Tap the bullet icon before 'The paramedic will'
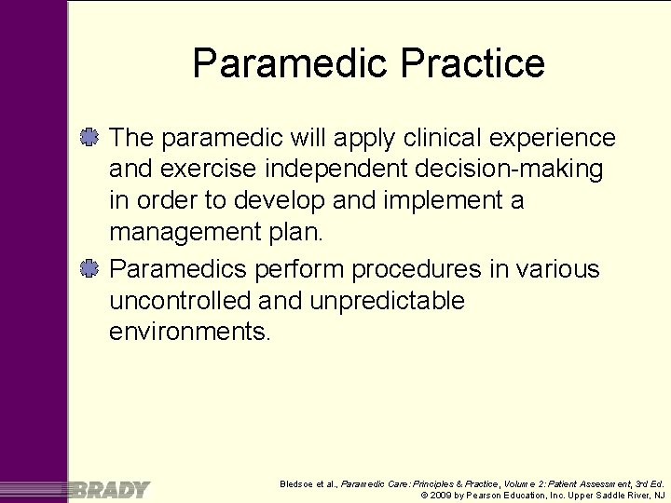[90, 138]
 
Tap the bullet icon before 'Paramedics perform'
[90, 269]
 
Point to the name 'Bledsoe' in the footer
[299, 483]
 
